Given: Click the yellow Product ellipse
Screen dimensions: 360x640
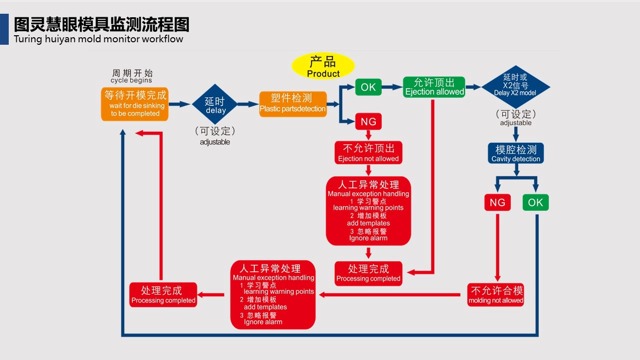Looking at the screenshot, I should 323,67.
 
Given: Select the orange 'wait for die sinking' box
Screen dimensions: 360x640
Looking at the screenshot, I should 135,104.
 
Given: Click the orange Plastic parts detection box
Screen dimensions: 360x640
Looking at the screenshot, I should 292,103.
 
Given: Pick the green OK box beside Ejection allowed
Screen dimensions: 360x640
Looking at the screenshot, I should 368,87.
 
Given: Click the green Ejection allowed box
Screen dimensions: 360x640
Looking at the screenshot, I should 433,87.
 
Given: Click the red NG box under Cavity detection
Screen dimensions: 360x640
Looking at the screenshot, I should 497,202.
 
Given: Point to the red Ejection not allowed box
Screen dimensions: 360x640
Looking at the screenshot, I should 368,152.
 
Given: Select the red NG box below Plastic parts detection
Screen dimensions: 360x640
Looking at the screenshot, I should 368,121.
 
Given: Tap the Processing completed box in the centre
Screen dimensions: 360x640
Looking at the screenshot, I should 368,273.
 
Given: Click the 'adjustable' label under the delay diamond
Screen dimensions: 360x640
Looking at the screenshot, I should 215,142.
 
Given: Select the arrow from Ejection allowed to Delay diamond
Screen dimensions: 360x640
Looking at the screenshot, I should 473,87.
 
